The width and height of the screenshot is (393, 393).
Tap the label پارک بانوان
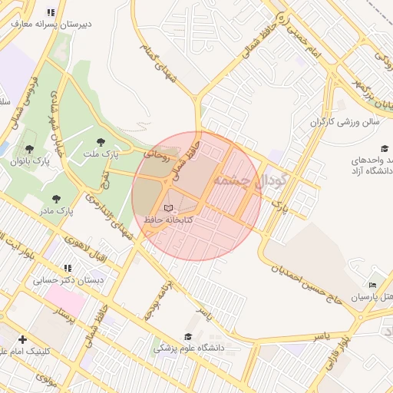[30, 162]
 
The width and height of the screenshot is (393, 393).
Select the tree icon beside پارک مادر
[55, 198]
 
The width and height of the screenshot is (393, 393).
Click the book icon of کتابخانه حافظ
[169, 208]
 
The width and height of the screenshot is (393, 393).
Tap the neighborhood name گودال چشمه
[250, 182]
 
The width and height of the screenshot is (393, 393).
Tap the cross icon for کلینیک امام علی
[22, 339]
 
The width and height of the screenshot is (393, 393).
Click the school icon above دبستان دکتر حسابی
[68, 269]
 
